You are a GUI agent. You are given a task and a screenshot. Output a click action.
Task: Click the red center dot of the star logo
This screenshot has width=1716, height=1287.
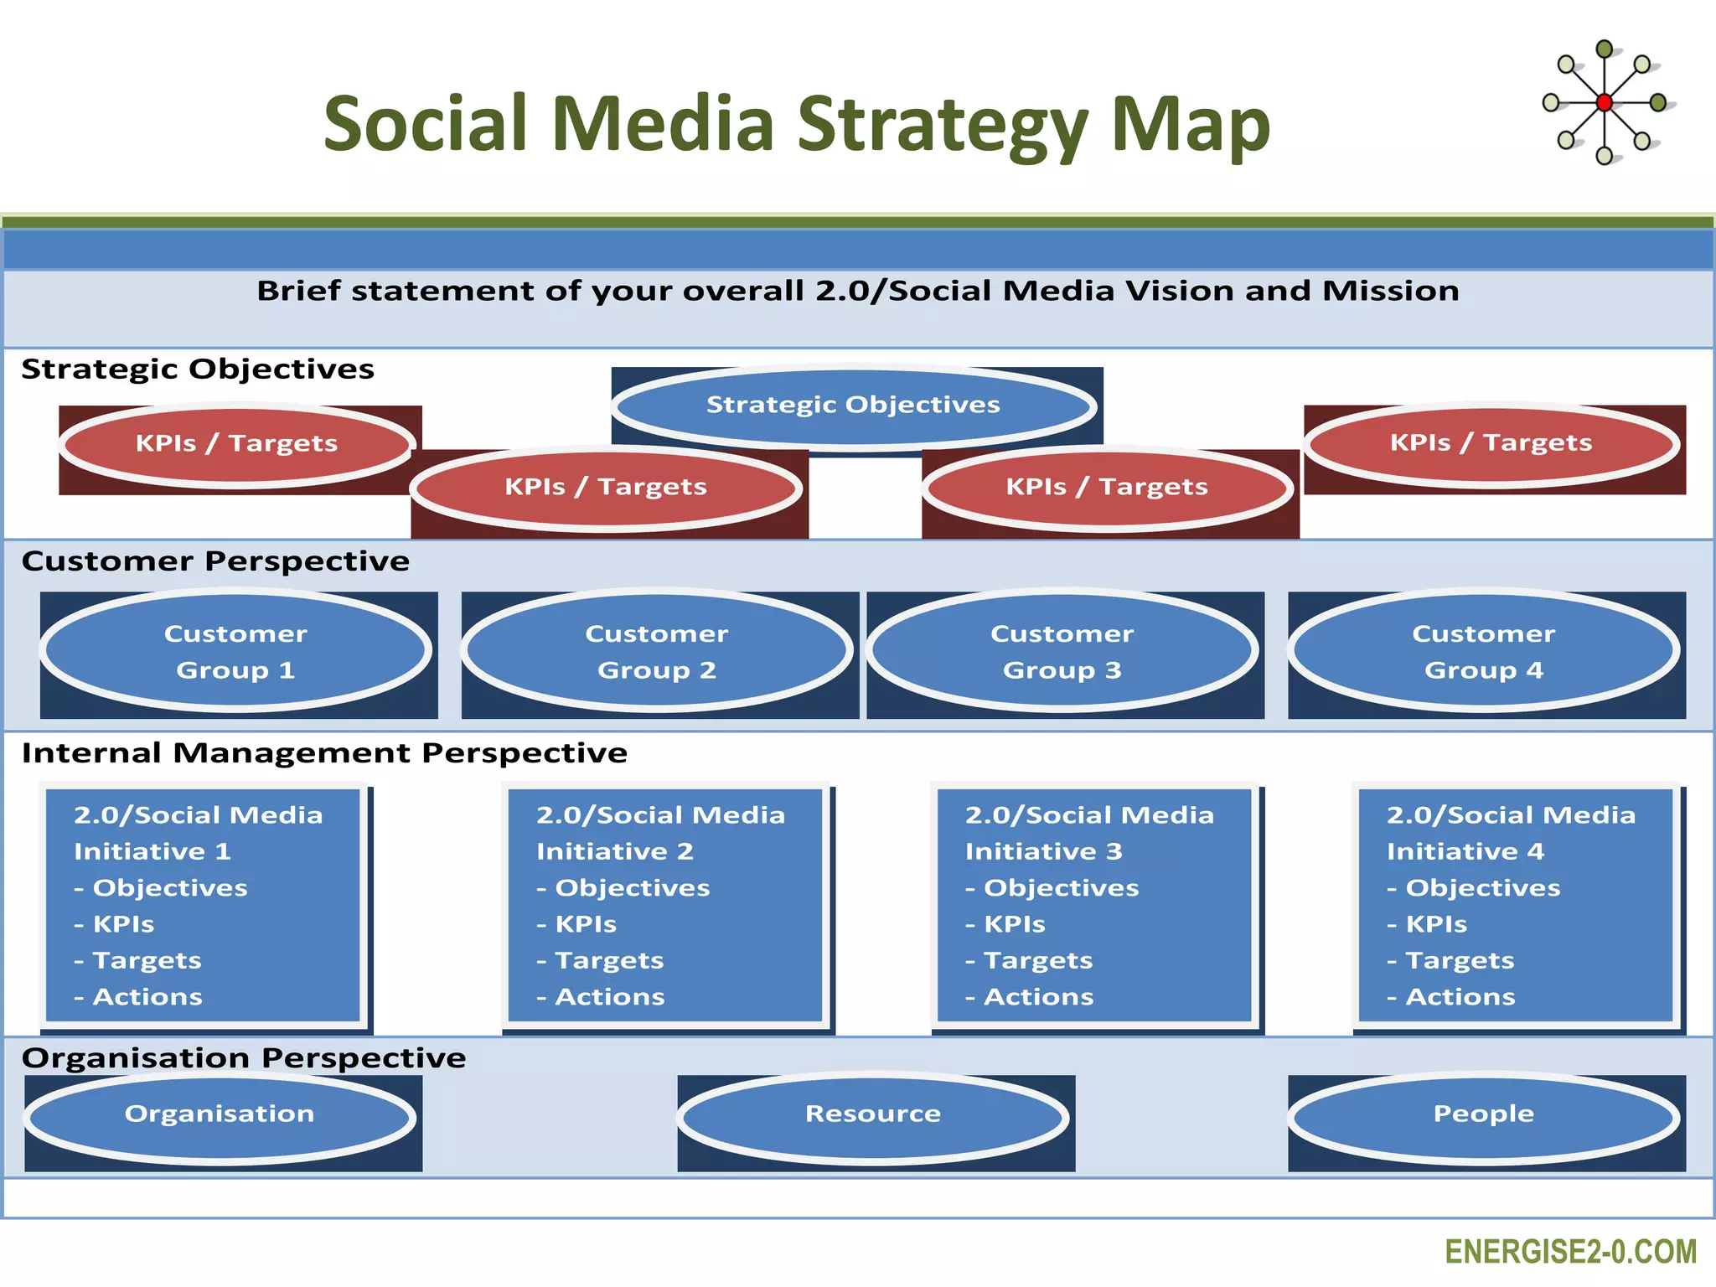click(x=1604, y=103)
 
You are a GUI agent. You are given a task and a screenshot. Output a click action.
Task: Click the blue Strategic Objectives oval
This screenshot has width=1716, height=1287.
click(x=853, y=406)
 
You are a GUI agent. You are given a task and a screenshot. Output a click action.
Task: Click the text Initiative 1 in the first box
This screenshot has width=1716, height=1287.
click(x=152, y=852)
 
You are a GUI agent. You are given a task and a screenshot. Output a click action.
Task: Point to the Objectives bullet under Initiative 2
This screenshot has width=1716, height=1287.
click(x=632, y=888)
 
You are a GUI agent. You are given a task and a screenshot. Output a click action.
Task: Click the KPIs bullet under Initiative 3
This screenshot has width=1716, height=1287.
click(x=1014, y=924)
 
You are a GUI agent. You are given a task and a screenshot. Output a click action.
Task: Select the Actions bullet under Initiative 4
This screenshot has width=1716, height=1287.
click(x=1460, y=997)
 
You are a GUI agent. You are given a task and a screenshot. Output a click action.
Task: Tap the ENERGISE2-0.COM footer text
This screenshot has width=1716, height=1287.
click(x=1570, y=1252)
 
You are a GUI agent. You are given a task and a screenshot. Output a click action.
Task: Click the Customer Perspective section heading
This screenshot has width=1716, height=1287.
click(x=215, y=561)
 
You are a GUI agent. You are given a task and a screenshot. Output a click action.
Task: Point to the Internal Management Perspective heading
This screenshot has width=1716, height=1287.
click(x=324, y=753)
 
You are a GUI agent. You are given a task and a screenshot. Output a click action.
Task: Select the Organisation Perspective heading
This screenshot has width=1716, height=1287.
click(x=244, y=1058)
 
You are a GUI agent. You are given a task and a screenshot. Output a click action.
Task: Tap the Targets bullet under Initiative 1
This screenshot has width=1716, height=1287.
click(x=147, y=961)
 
